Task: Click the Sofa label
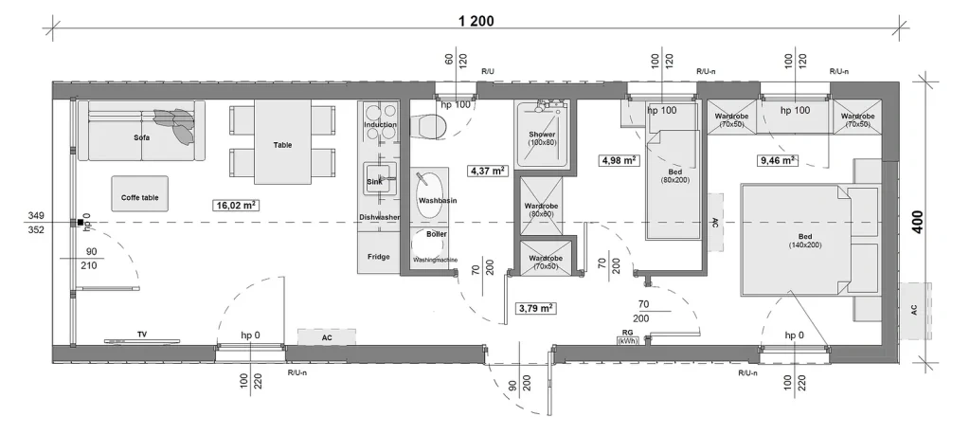(x=142, y=138)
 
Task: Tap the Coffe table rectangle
(x=140, y=193)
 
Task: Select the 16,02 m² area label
(x=235, y=206)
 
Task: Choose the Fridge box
(x=378, y=253)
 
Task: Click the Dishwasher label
(x=379, y=217)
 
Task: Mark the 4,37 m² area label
(x=488, y=171)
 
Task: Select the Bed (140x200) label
(x=805, y=241)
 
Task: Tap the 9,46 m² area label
(x=777, y=160)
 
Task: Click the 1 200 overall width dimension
(x=476, y=21)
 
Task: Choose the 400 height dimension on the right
(x=917, y=221)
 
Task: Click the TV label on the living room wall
(x=142, y=335)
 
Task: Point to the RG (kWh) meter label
(x=627, y=336)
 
